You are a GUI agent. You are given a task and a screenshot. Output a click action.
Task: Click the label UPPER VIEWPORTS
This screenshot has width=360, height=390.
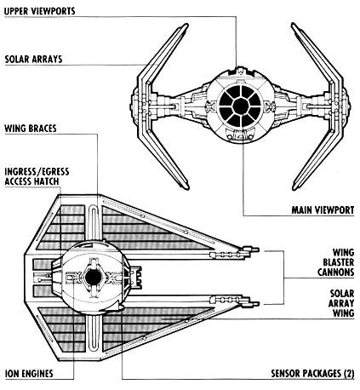tap(40, 11)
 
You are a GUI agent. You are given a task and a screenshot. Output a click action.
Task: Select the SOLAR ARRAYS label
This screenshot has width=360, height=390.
tap(33, 59)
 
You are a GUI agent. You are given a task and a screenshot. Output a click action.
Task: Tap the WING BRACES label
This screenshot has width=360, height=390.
tap(31, 129)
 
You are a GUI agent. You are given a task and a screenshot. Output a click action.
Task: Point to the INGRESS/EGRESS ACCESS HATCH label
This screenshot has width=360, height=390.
tap(37, 176)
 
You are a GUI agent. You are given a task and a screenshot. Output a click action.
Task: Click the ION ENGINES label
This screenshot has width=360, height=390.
tap(29, 373)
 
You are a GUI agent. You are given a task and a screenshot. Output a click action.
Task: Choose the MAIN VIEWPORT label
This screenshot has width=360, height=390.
tap(323, 210)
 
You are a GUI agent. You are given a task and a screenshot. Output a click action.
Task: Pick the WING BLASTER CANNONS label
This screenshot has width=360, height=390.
tap(336, 262)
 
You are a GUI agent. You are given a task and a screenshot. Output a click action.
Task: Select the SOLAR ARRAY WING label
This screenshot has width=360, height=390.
tap(341, 303)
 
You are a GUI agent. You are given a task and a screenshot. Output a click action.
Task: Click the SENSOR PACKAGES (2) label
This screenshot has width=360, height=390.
tap(312, 373)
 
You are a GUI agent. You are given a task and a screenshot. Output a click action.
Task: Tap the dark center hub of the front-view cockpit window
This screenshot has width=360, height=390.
tap(241, 106)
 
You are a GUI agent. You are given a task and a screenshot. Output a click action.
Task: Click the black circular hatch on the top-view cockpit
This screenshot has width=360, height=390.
tap(93, 278)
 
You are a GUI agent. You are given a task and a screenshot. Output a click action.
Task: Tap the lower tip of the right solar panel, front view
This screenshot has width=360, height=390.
tap(295, 188)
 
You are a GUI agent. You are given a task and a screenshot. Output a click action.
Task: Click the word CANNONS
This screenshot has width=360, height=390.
tap(336, 272)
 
